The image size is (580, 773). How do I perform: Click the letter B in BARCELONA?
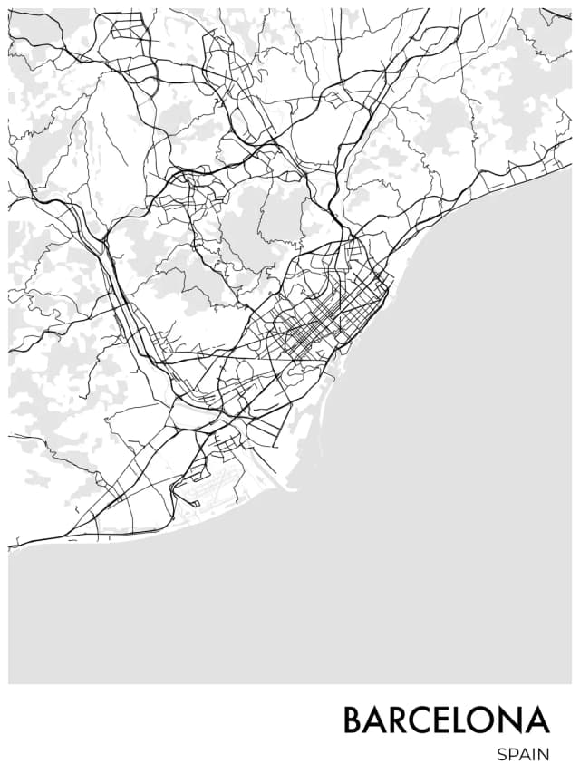tap(354, 720)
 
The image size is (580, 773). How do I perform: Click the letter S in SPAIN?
tap(501, 754)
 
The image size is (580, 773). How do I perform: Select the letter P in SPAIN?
tap(512, 754)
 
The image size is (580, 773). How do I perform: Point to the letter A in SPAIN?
tap(524, 754)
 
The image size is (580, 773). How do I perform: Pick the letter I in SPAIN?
tap(534, 754)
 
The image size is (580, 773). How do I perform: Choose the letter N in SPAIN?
tap(544, 754)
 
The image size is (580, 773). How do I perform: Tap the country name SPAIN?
tap(523, 754)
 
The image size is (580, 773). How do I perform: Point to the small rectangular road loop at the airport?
tap(189, 498)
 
